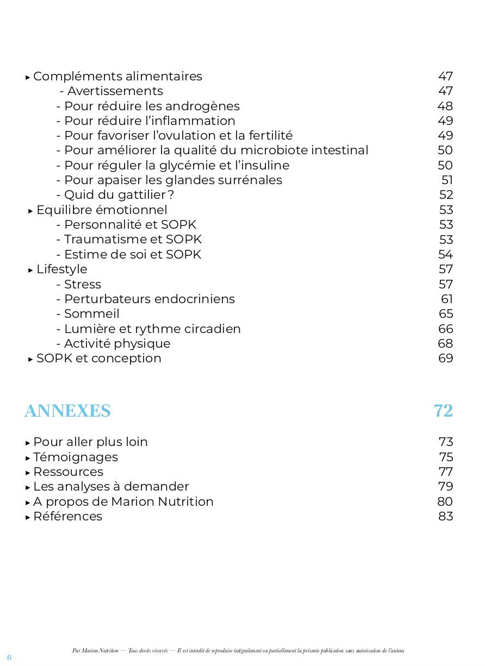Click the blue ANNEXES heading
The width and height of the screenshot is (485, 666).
pos(67,411)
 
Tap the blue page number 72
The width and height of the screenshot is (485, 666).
pos(443,411)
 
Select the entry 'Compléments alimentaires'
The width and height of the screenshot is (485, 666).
pos(117,77)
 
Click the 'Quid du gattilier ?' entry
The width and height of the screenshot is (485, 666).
pos(119,195)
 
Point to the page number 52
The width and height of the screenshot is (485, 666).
pos(446,195)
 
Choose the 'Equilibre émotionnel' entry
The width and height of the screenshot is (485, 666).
pos(102,210)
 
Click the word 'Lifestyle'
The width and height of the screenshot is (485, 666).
pos(61,269)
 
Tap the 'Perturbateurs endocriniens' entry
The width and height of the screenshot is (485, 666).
pos(149,299)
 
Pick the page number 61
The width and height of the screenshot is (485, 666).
pos(447,299)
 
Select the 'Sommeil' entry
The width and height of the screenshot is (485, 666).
pos(91,314)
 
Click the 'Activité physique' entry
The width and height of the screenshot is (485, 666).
pos(117,344)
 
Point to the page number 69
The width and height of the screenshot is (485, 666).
pos(445,359)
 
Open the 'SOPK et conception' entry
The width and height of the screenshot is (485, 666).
pos(98,359)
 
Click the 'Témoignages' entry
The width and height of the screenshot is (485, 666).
pos(76,457)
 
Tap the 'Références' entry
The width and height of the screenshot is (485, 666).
pos(67,517)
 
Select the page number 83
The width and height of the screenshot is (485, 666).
pos(445,517)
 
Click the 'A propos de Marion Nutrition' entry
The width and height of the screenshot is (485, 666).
pos(123,502)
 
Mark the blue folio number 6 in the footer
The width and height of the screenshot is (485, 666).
pos(9,657)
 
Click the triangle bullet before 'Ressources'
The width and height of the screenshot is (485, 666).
pos(28,473)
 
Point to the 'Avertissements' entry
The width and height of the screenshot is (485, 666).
pos(115,91)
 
